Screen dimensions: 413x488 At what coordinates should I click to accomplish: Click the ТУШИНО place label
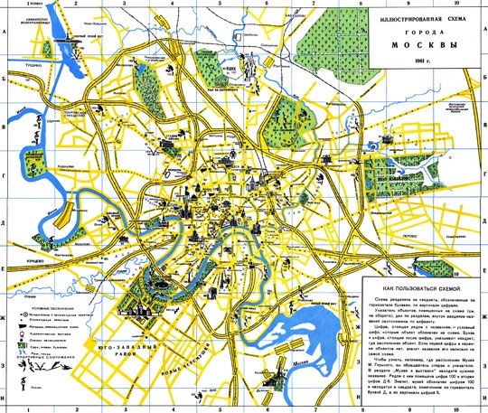(x=13, y=90)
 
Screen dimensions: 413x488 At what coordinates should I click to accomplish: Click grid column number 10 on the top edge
(x=458, y=4)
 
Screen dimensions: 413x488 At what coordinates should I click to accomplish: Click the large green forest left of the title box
(x=331, y=41)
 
